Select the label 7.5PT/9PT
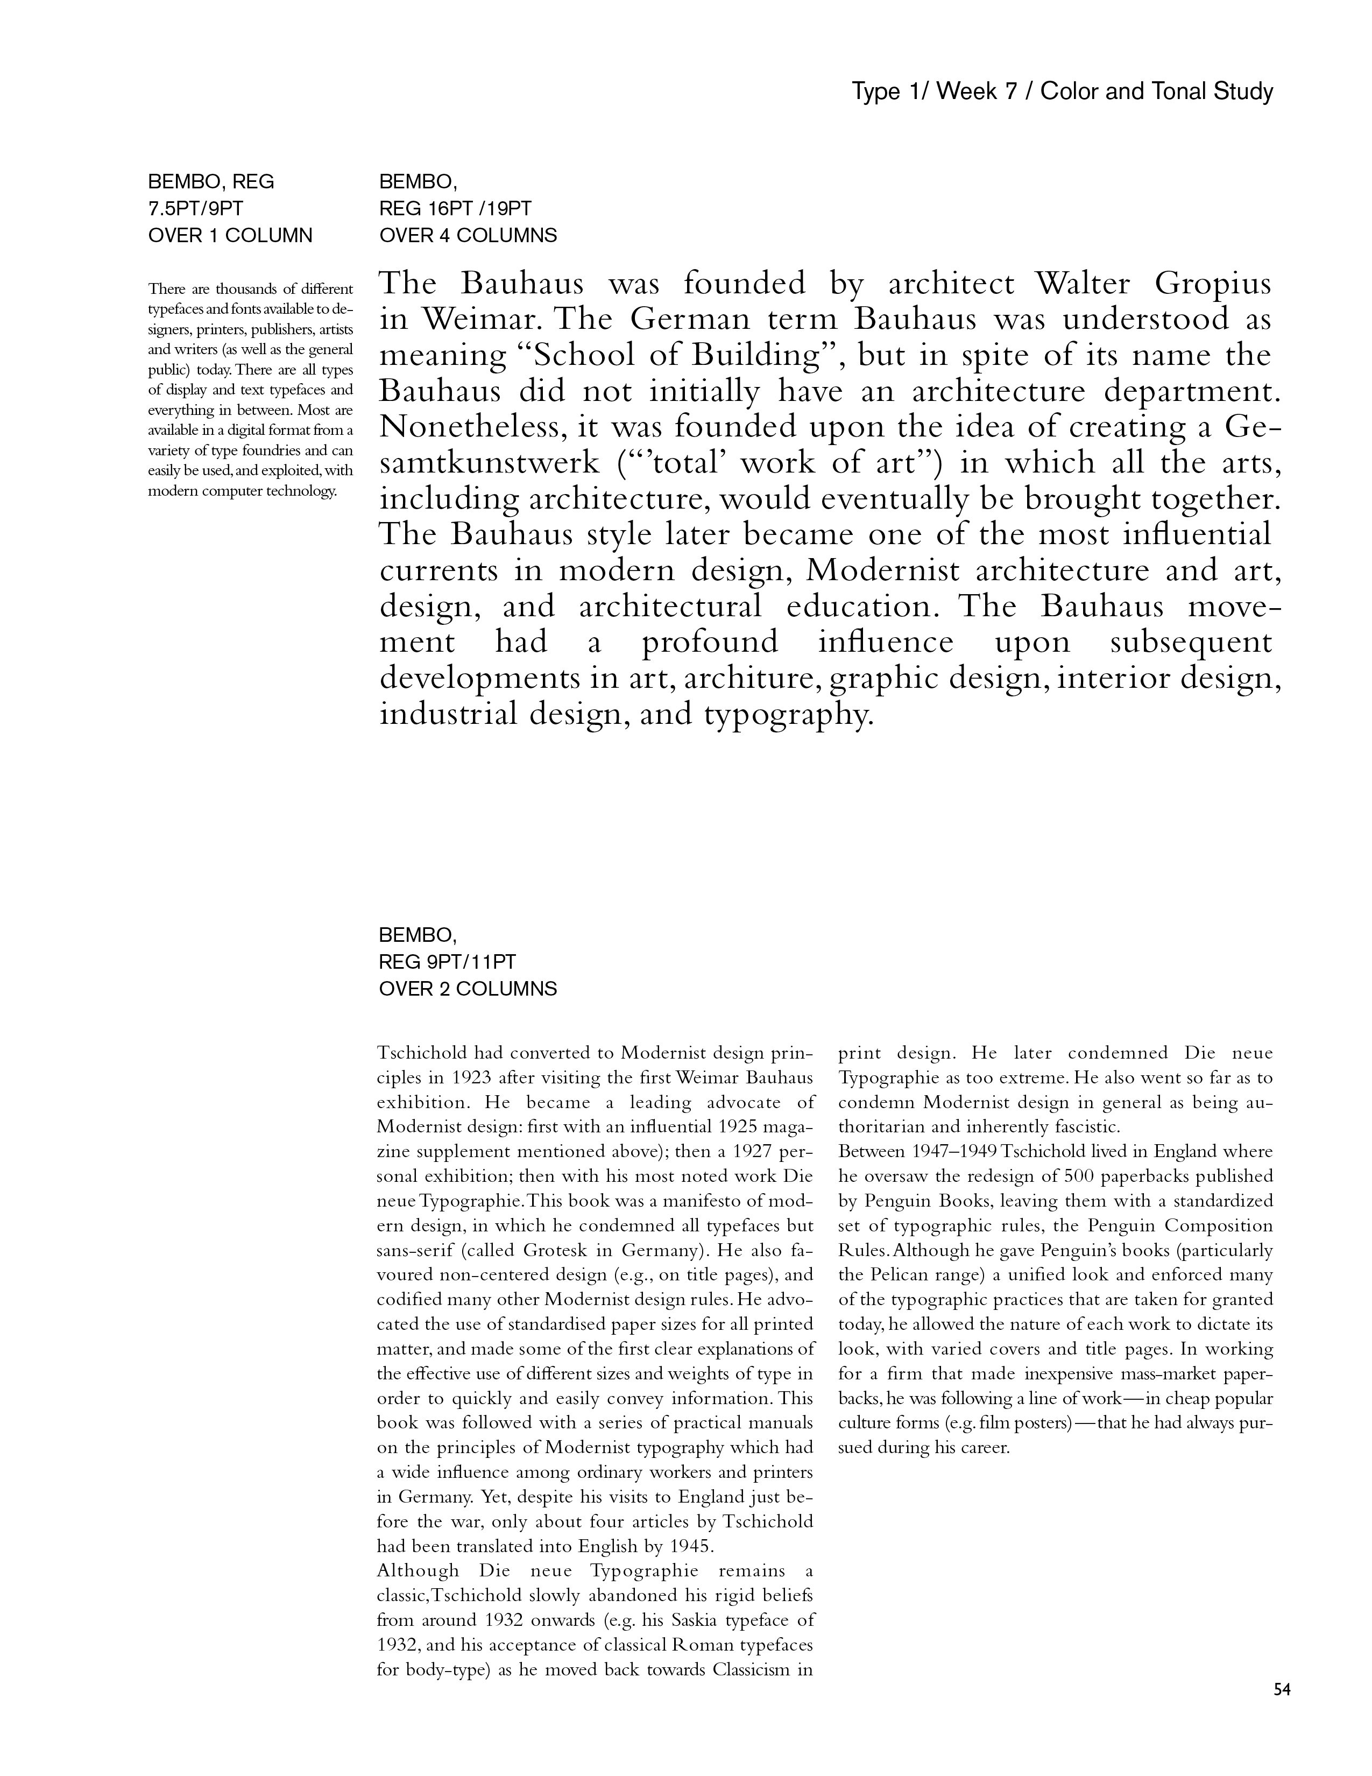coord(196,209)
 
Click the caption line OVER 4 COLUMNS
coord(468,236)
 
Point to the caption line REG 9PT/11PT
coord(448,962)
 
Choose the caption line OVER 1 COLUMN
coord(230,236)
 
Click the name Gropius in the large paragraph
coord(1213,285)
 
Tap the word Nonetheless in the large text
coord(470,427)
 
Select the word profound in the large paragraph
coord(710,643)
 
